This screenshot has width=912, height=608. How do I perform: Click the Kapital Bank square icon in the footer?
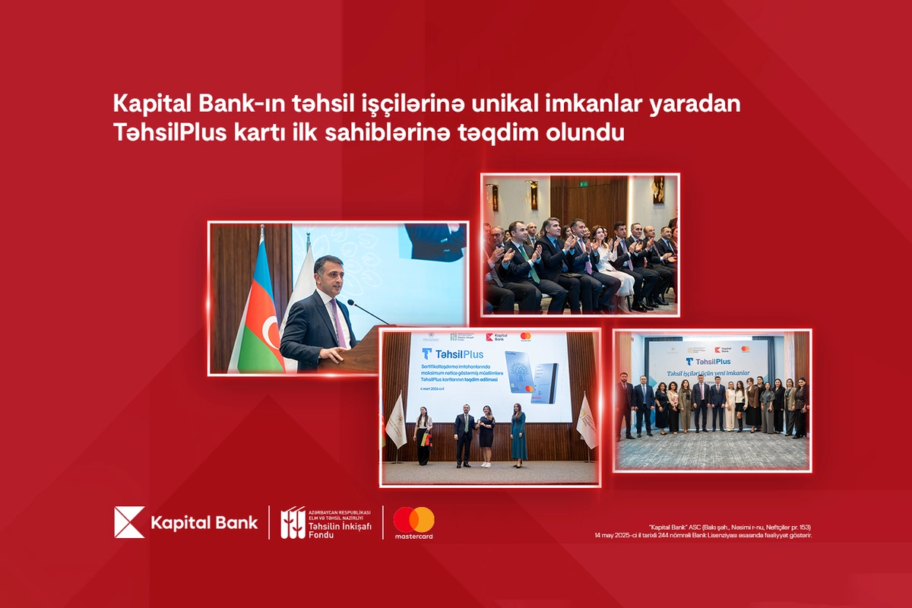pos(129,522)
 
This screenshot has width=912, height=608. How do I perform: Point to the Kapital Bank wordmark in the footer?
pos(204,523)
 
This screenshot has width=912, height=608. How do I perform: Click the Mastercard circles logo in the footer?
pos(413,520)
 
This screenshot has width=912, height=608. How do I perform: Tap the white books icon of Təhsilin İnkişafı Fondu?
pos(293,523)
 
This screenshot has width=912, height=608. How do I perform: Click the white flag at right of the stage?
pos(586,421)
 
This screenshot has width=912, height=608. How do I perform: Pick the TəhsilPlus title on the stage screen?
pos(452,353)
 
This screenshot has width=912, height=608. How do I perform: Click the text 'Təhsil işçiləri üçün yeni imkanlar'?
pos(708,373)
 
